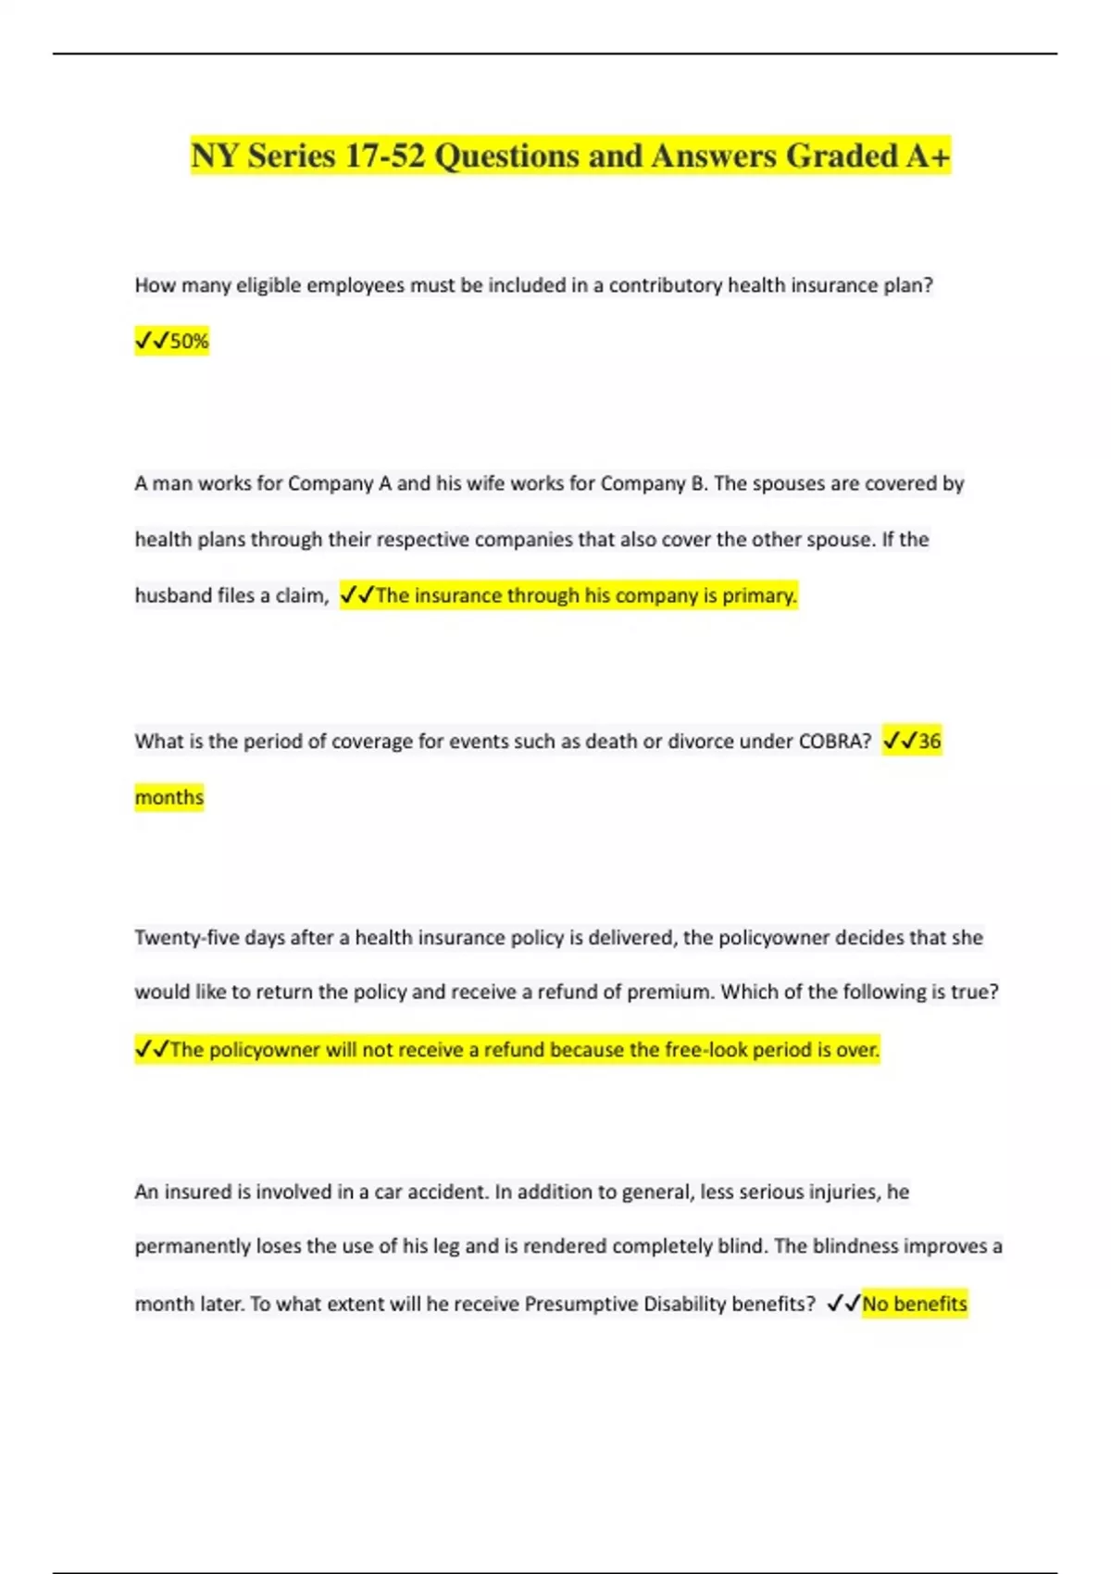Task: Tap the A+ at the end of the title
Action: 929,156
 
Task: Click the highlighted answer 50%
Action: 189,342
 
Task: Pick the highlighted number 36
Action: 929,742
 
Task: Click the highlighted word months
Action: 169,797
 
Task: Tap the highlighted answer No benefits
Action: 915,1304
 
